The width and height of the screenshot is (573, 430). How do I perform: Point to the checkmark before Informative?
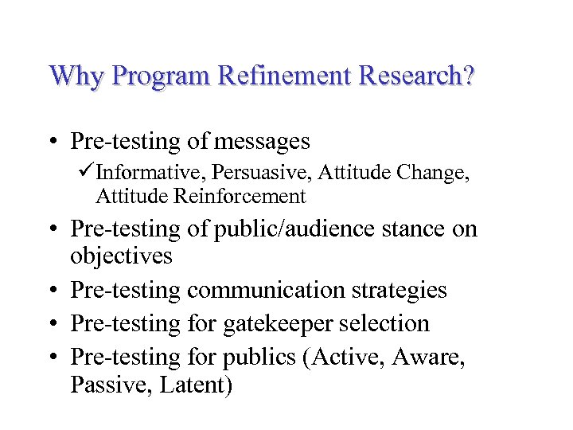coord(87,172)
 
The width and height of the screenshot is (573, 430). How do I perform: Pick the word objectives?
coord(121,256)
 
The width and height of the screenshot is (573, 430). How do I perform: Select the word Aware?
coord(434,358)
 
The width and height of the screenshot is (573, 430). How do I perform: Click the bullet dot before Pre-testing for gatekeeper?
coord(52,324)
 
